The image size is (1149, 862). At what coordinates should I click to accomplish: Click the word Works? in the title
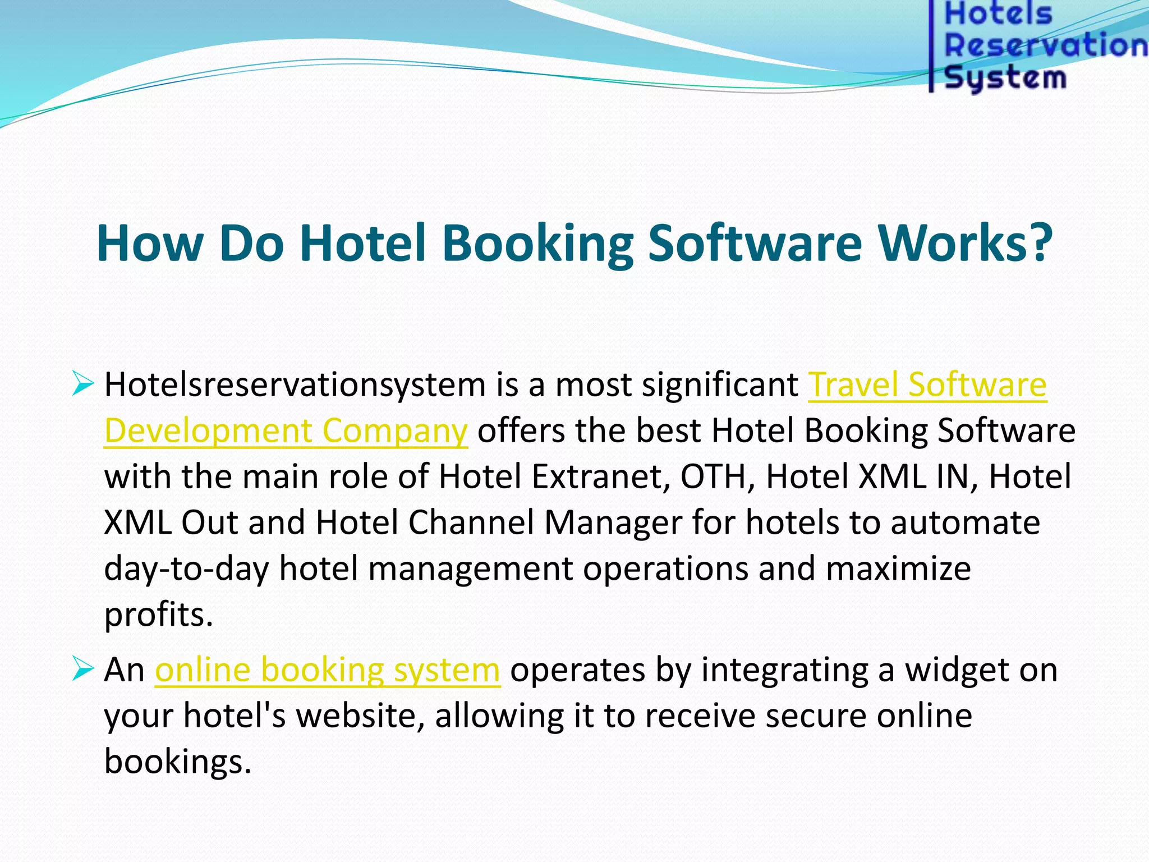(x=965, y=243)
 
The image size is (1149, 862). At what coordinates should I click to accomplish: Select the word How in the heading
(x=150, y=243)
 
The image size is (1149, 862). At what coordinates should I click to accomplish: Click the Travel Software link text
(x=927, y=385)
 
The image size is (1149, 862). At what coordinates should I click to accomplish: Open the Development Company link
(x=286, y=431)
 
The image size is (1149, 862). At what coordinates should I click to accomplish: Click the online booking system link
(x=327, y=670)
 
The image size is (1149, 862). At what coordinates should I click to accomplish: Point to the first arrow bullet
(x=82, y=384)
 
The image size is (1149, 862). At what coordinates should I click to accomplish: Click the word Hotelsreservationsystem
(x=295, y=385)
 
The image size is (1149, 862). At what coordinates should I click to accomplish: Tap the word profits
(x=158, y=615)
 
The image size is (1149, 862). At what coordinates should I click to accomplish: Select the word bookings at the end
(x=177, y=762)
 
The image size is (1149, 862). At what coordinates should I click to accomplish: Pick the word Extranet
(x=600, y=477)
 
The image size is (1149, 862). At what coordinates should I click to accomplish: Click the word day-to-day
(x=186, y=569)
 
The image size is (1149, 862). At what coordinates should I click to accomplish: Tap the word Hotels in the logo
(x=998, y=13)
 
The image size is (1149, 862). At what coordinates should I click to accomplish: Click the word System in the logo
(x=1005, y=77)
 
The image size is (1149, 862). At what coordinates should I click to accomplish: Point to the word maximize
(x=898, y=569)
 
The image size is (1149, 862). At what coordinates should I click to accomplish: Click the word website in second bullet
(x=360, y=716)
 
